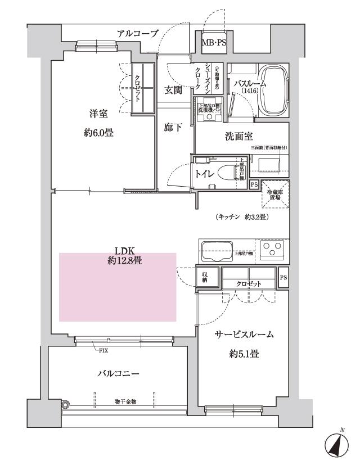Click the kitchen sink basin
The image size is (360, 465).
(x=217, y=250)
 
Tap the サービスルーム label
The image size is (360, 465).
(x=245, y=335)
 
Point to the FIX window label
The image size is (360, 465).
(x=102, y=350)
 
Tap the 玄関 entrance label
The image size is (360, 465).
(x=173, y=90)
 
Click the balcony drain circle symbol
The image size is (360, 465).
(x=65, y=404)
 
